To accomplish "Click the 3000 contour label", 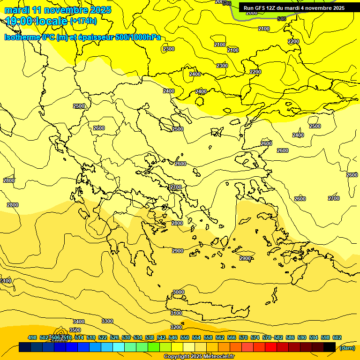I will [x=178, y=292].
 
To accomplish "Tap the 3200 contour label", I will [x=176, y=327].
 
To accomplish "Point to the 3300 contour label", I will [x=107, y=321].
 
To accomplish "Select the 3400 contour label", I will [x=79, y=322].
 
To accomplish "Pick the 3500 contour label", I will [x=75, y=330].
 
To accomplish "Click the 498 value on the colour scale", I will [x=32, y=337].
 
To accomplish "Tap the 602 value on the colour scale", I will [x=337, y=337].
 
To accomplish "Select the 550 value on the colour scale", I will [x=185, y=337].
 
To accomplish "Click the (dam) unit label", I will [x=347, y=348].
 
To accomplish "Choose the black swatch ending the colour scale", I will [x=330, y=347].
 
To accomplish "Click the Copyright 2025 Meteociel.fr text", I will [x=199, y=357].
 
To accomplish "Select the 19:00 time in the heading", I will [x=19, y=21].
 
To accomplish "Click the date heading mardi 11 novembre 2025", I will [x=58, y=10].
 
